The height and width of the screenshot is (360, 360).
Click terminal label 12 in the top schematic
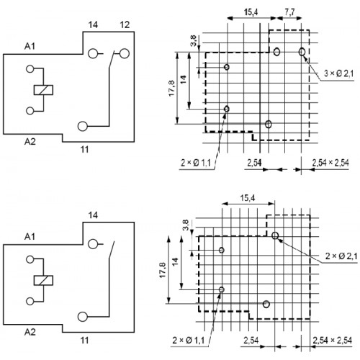[125, 24]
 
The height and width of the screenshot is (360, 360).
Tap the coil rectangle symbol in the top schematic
[43, 90]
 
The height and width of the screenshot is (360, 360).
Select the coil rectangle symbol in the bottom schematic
[43, 280]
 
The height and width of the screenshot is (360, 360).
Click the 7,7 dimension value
[289, 12]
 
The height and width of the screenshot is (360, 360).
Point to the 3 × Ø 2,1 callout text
[339, 73]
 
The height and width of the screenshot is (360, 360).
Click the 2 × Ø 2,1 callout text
[341, 256]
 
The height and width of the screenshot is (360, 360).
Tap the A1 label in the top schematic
[30, 46]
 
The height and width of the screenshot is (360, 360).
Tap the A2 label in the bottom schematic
[30, 332]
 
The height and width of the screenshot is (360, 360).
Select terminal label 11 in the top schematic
[84, 150]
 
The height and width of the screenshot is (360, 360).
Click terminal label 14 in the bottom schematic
[93, 215]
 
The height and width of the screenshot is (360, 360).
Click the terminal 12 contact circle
[125, 53]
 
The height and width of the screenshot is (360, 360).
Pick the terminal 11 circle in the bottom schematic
[83, 317]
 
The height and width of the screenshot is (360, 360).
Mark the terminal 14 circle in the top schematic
[93, 53]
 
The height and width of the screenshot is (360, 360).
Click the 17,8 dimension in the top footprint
[172, 89]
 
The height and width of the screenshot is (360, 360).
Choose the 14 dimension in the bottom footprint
[176, 261]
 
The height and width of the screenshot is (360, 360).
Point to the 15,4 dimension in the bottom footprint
[248, 198]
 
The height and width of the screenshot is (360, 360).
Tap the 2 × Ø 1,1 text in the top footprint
[196, 163]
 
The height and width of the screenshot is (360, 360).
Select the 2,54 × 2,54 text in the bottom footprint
[333, 341]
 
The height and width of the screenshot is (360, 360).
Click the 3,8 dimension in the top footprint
[194, 41]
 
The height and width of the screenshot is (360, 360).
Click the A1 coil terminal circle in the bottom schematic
[30, 259]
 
